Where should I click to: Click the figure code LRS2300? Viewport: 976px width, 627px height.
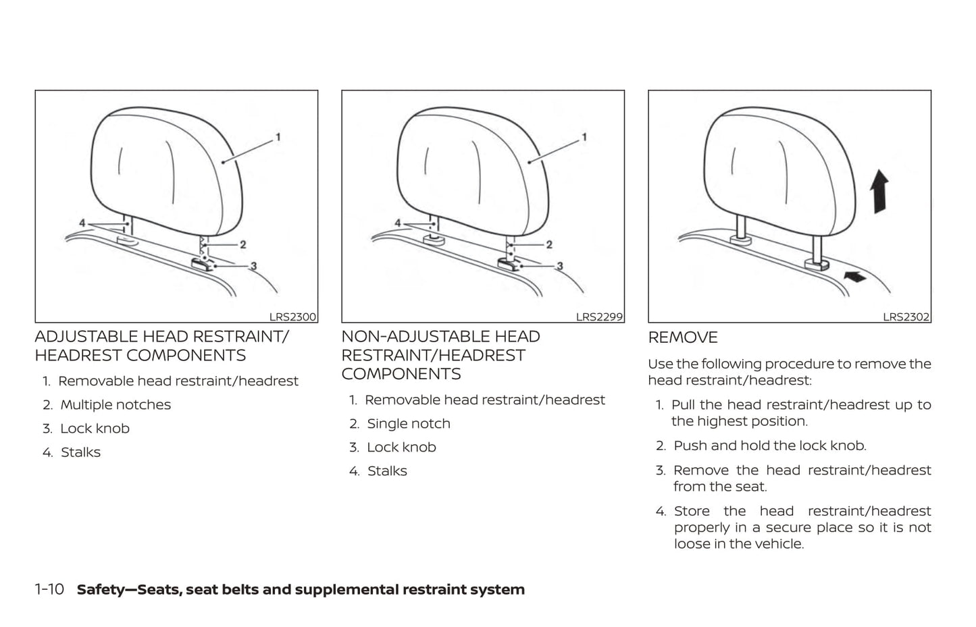(292, 317)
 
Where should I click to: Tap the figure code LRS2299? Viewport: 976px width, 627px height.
(599, 317)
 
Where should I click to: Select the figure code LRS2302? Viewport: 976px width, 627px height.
(906, 317)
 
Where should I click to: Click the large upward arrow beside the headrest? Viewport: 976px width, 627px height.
(879, 192)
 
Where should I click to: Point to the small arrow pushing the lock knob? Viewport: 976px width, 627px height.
(855, 276)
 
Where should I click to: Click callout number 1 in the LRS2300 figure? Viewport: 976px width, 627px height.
(278, 138)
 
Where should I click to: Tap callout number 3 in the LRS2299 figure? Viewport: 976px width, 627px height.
(560, 266)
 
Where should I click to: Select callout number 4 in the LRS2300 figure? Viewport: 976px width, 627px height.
(82, 223)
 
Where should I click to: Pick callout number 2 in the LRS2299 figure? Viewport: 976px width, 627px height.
(549, 245)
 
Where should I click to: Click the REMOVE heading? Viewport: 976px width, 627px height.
(683, 337)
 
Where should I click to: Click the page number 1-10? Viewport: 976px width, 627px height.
(49, 590)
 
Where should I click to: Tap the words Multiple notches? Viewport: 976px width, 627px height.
(115, 405)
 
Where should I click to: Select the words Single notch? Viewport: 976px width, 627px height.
(408, 424)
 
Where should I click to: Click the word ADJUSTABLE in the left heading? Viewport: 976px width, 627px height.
(86, 337)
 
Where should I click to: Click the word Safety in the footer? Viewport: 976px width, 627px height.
(101, 590)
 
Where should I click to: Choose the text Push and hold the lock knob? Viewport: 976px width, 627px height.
(770, 446)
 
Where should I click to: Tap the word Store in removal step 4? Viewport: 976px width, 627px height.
(692, 511)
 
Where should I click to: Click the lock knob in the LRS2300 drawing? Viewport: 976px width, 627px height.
(202, 264)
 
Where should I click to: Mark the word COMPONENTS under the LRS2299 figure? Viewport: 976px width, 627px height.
(401, 374)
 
